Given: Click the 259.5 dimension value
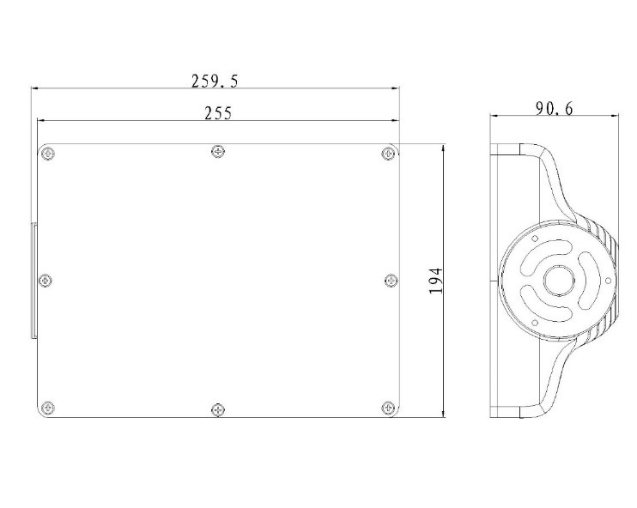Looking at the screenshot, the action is pos(215,81).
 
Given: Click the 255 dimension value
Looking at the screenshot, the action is pos(218,113).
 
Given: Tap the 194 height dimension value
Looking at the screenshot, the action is pos(435,281).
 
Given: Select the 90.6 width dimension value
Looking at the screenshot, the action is pos(554,108).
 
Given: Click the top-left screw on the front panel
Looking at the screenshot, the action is pos(48,154).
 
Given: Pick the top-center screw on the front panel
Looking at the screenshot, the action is pos(218,152).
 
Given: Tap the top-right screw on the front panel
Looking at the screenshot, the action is pos(388,153).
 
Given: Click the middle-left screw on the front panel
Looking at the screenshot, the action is pos(45,281).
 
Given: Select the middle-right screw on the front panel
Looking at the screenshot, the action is pos(391,281).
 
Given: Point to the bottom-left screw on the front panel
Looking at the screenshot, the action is pos(48,408).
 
